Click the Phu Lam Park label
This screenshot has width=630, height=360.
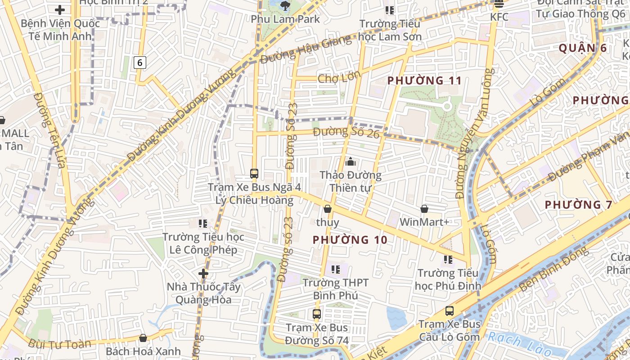pyautogui.click(x=285, y=19)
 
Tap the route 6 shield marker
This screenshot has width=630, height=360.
pyautogui.click(x=139, y=63)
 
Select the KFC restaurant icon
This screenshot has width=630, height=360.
pyautogui.click(x=499, y=4)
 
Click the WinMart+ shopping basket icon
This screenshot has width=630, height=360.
pyautogui.click(x=424, y=209)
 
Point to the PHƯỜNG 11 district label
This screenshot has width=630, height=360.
pyautogui.click(x=424, y=81)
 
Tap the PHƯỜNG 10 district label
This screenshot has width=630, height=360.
pyautogui.click(x=350, y=239)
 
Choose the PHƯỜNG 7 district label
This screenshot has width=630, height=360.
pyautogui.click(x=578, y=205)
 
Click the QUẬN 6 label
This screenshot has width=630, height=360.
pyautogui.click(x=583, y=48)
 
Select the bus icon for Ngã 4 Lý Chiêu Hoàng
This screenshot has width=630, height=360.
pyautogui.click(x=254, y=173)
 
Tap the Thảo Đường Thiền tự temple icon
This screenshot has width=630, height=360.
pyautogui.click(x=350, y=162)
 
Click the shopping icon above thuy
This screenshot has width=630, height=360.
pyautogui.click(x=328, y=209)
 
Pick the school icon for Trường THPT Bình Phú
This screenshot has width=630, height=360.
pyautogui.click(x=335, y=270)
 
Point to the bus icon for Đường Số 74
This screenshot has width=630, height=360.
pyautogui.click(x=317, y=314)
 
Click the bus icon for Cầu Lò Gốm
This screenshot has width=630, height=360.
pyautogui.click(x=449, y=310)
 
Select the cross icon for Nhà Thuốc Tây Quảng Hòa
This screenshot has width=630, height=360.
pyautogui.click(x=203, y=273)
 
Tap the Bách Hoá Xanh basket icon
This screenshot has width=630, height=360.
pyautogui.click(x=143, y=337)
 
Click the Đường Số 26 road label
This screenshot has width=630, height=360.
pyautogui.click(x=347, y=132)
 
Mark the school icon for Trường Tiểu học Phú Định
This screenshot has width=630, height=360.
pyautogui.click(x=448, y=259)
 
